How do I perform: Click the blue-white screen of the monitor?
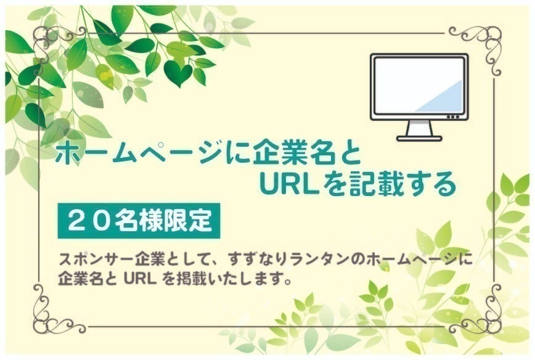point(419,86)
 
